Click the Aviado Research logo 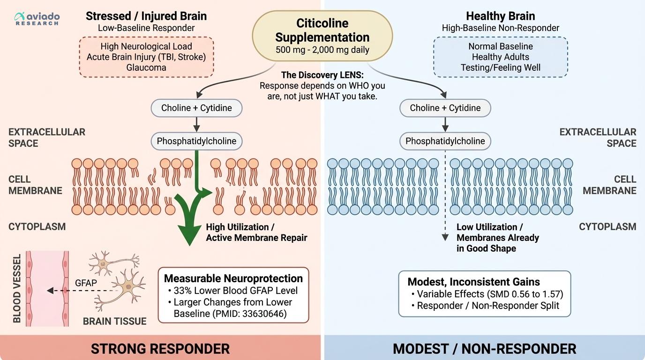click(37, 19)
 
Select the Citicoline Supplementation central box click(322, 36)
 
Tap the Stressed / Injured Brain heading click(146, 16)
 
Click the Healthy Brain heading click(500, 16)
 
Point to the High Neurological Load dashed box click(146, 57)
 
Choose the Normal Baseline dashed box click(500, 57)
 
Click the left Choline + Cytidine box click(196, 108)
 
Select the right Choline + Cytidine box click(445, 108)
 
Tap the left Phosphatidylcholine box click(196, 141)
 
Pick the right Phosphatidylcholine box click(445, 141)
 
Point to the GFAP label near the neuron click(86, 283)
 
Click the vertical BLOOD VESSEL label click(17, 289)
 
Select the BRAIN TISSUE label click(114, 321)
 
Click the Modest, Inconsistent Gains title click(473, 282)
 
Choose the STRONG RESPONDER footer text click(160, 349)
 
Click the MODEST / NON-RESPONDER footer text click(484, 349)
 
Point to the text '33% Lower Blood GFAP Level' click(235, 290)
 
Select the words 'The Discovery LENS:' click(322, 75)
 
